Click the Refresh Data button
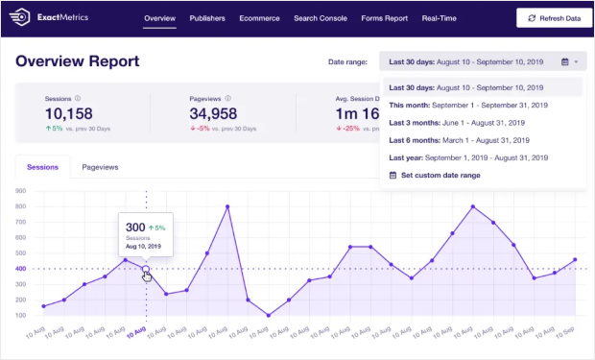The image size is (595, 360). coord(553,18)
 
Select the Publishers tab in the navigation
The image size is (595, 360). coord(207,18)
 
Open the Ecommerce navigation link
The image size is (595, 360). coord(260,18)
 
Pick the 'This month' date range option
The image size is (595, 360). coord(467,105)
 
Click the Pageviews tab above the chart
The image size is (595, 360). coord(100,167)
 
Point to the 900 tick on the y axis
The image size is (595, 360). coord(20,190)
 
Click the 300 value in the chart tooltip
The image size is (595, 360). coord(135,228)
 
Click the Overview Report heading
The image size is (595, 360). coord(77,61)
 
